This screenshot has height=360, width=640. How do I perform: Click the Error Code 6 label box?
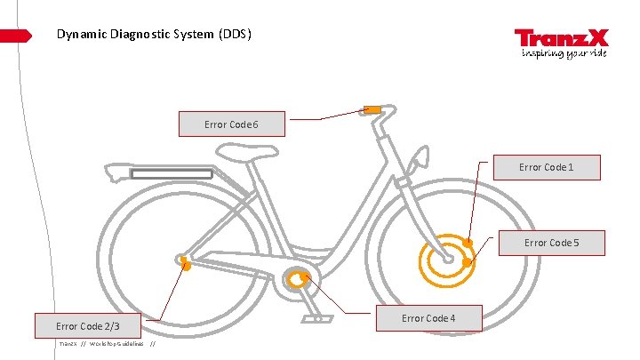(231, 124)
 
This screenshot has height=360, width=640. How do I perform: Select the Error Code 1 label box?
(546, 167)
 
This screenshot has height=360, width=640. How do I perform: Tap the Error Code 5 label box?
(551, 243)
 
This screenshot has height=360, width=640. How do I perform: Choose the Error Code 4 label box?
(428, 318)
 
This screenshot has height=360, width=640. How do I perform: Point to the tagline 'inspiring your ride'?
(564, 53)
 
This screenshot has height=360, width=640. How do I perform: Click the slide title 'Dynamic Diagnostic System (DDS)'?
(154, 35)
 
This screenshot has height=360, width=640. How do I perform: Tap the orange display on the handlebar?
(371, 109)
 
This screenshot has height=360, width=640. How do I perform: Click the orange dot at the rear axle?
(186, 263)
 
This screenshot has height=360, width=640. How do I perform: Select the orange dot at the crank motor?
(304, 277)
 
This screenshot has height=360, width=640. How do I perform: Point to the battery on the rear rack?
(172, 173)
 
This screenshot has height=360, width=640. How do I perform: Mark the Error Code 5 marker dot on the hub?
(467, 262)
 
